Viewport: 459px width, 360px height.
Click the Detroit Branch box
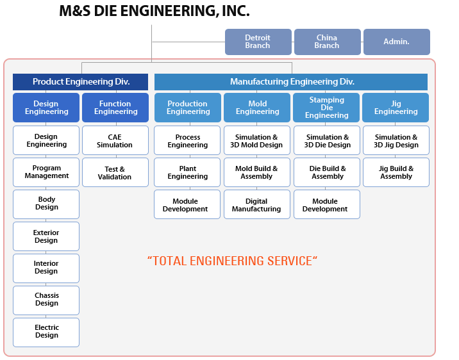click(258, 42)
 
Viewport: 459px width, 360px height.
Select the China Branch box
click(327, 42)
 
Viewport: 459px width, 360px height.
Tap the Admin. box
click(396, 42)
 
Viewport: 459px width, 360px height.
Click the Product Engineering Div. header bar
click(81, 82)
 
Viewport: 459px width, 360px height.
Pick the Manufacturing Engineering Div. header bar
click(292, 82)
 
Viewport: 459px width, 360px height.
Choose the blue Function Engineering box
click(115, 108)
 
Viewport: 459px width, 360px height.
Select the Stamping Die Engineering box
click(327, 108)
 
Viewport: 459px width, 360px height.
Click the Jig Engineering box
click(396, 108)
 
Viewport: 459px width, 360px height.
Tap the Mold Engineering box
click(258, 108)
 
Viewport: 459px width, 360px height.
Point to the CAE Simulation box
click(115, 140)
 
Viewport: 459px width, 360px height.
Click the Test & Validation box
click(115, 172)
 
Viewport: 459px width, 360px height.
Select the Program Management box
click(46, 172)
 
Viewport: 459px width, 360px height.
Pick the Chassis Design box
click(46, 300)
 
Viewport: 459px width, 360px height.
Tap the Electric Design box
click(46, 332)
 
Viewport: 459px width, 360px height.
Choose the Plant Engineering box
click(187, 172)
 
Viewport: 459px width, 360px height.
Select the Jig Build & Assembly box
click(396, 172)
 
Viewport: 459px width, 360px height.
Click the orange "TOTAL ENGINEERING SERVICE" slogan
click(233, 261)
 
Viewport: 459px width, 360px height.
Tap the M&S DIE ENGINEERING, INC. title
click(154, 11)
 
